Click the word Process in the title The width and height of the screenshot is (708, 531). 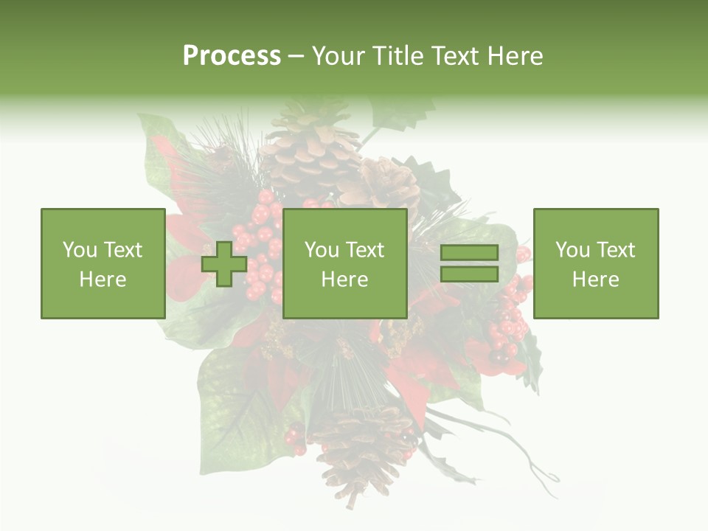point(232,56)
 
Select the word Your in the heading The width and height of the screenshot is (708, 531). point(340,56)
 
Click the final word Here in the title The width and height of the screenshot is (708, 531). point(515,56)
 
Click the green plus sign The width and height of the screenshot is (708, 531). point(224,264)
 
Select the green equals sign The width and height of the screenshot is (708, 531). point(469,263)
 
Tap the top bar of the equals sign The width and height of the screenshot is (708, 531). point(469,253)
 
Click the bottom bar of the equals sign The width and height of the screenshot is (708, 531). point(469,274)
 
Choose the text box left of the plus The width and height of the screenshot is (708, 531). point(103,263)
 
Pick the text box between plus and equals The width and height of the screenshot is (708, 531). point(344,263)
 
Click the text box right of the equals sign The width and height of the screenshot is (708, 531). point(596,263)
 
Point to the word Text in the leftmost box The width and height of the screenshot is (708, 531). point(123,250)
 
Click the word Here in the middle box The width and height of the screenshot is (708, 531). point(344,280)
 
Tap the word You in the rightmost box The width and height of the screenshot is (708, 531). point(572,250)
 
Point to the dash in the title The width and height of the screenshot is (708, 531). point(296,56)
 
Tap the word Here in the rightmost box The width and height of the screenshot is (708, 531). point(596,280)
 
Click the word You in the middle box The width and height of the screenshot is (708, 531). point(322,250)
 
